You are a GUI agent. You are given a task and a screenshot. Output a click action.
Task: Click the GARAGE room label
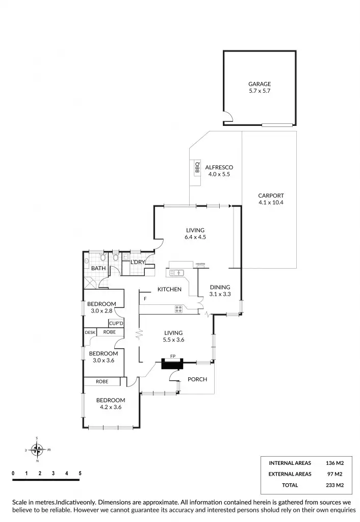click(x=260, y=84)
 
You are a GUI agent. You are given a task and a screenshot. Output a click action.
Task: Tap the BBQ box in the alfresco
click(x=197, y=167)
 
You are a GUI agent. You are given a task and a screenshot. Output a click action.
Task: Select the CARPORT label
click(x=270, y=196)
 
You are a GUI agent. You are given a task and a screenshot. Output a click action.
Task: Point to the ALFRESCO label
click(x=219, y=167)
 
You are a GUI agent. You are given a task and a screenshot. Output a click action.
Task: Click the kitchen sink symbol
click(x=176, y=273)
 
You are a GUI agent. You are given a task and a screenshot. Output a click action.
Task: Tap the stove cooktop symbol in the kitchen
click(x=179, y=308)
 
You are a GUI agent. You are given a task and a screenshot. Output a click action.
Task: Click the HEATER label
click(x=200, y=264)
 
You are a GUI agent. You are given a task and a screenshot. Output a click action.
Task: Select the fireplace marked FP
click(x=172, y=364)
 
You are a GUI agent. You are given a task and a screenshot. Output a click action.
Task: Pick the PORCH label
click(x=197, y=379)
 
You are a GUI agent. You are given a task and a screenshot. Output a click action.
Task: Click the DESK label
click(x=90, y=332)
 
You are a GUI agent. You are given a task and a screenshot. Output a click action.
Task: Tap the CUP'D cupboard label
click(x=116, y=323)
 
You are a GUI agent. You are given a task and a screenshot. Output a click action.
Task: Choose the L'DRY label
click(x=138, y=262)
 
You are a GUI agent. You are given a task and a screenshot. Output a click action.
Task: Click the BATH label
click(x=98, y=268)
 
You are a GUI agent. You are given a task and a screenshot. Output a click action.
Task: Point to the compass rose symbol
click(x=37, y=450)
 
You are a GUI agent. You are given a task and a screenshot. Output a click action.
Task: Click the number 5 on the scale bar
click(x=80, y=474)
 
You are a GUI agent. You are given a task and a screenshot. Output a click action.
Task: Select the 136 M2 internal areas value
click(x=335, y=463)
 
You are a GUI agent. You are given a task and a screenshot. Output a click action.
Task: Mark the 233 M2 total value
click(x=335, y=485)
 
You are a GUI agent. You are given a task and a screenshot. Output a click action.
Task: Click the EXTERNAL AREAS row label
click(x=290, y=474)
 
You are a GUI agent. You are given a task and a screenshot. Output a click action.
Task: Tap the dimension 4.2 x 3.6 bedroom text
click(x=111, y=407)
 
